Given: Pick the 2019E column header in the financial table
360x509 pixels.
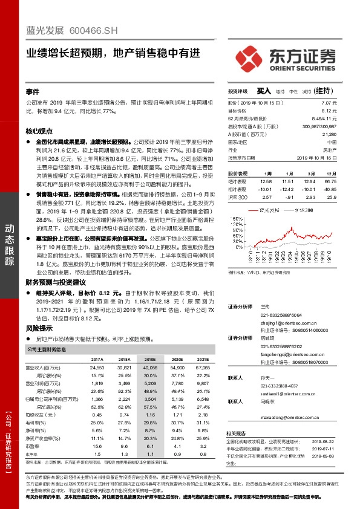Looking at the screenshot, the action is (150, 358).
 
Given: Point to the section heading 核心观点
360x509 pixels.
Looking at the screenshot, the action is (39, 131).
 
